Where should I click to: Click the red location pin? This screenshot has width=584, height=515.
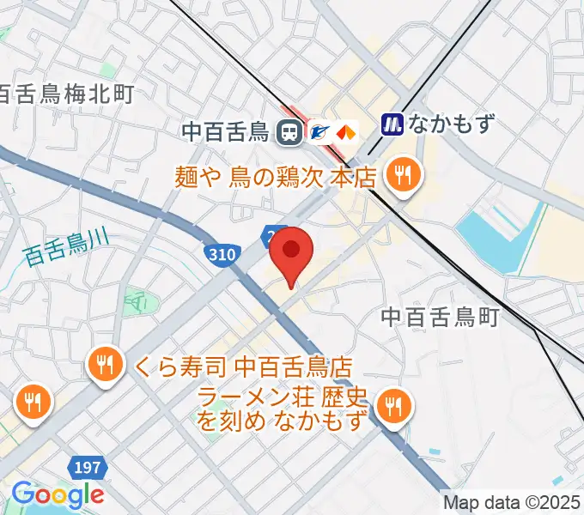[292, 251]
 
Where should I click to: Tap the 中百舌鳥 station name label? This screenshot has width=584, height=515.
[227, 132]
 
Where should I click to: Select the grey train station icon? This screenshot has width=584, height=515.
[289, 132]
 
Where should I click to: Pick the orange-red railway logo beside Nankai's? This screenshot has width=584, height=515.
[345, 132]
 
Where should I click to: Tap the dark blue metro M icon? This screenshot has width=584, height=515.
[392, 124]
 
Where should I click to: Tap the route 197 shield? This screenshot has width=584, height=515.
[87, 469]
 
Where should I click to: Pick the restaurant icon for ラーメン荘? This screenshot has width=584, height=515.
[394, 405]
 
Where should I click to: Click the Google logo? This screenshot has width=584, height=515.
[58, 494]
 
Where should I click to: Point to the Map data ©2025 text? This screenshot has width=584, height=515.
[512, 502]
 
